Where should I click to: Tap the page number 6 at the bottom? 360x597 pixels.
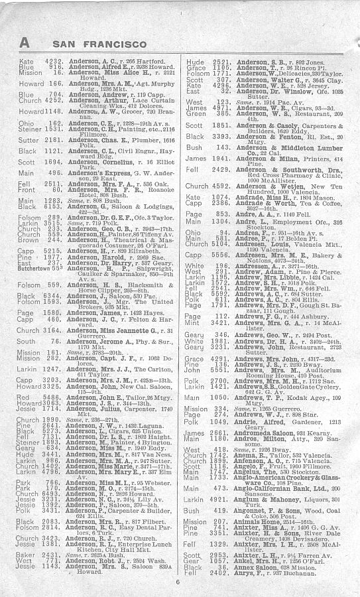(x=177, y=582)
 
